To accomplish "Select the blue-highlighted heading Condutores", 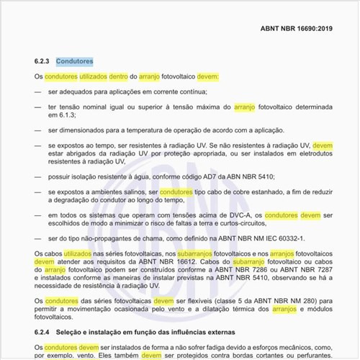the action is [74, 62].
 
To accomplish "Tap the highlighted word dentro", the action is [120, 76].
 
